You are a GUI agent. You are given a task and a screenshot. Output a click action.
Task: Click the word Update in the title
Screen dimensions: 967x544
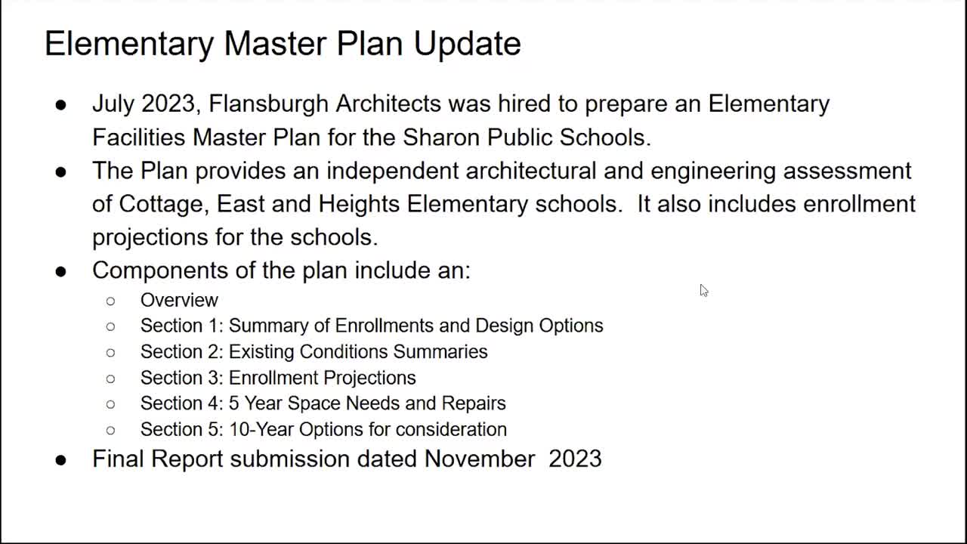coord(467,44)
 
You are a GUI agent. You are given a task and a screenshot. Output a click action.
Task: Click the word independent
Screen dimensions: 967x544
coord(392,171)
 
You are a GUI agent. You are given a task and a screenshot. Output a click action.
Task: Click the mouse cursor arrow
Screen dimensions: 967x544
coord(704,291)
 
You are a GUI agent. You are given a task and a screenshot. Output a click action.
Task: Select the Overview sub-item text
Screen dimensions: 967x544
coord(179,300)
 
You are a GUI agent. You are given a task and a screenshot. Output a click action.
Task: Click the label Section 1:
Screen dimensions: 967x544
coord(182,326)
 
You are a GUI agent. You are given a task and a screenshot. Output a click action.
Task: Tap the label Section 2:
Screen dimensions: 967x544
coord(182,351)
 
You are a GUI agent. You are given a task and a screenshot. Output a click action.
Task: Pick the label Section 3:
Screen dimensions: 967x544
coord(182,378)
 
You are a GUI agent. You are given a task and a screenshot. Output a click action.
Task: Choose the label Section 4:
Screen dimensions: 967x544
coord(182,403)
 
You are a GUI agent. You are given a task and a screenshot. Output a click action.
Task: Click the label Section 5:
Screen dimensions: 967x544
coord(182,430)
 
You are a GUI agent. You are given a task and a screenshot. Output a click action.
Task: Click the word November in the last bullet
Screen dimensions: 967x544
coord(480,459)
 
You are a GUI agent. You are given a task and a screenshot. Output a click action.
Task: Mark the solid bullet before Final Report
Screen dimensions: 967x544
coord(61,460)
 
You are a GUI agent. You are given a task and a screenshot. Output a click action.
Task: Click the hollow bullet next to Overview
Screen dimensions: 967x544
coord(110,301)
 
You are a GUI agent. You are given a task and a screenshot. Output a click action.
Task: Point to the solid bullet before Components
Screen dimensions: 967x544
coord(61,272)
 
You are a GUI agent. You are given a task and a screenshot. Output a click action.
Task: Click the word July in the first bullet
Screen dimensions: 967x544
coord(113,105)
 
